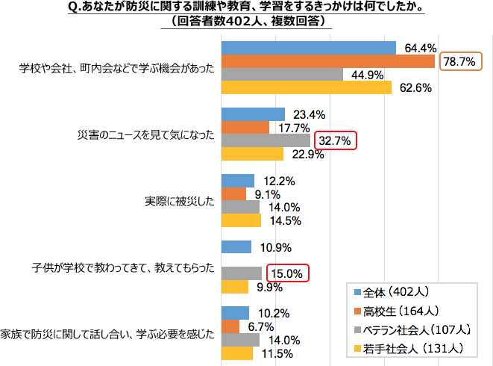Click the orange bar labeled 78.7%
(328, 61)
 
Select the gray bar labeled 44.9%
(282, 75)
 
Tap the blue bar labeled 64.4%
(309, 48)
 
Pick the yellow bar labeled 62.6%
(307, 88)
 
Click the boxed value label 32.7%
(335, 140)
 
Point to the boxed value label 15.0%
(286, 273)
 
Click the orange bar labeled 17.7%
(245, 128)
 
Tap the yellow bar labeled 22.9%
(252, 155)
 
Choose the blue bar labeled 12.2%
(238, 181)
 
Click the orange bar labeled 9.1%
(233, 194)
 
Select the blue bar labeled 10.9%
(236, 247)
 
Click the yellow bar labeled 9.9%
(235, 287)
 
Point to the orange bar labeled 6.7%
(230, 326)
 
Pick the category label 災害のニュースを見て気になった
(146, 134)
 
